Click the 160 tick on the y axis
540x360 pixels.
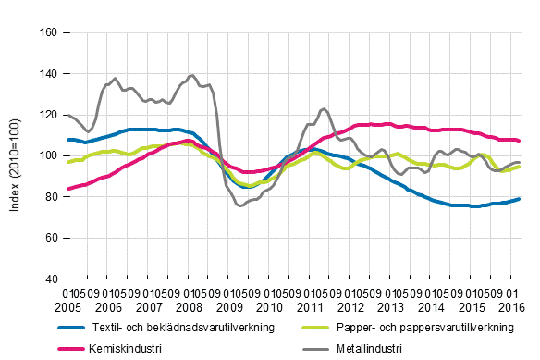(x=50, y=32)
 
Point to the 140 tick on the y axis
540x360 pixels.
(x=50, y=73)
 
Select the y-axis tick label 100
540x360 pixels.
(x=50, y=155)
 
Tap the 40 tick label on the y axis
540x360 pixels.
(x=53, y=279)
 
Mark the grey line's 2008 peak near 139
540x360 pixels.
(x=191, y=75)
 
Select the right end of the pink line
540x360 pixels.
(x=521, y=141)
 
